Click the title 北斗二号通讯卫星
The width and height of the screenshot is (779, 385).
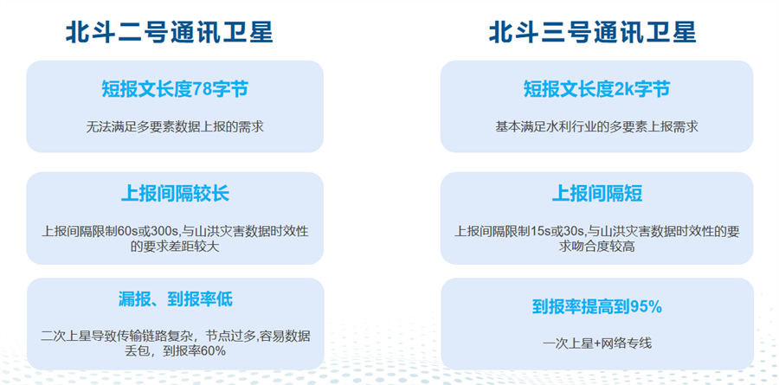point(170,33)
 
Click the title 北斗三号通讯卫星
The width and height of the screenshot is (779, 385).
point(593,33)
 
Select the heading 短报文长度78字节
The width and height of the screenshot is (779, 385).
point(174,89)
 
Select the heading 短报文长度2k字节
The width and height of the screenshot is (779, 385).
point(596,89)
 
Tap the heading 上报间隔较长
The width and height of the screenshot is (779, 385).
point(175,193)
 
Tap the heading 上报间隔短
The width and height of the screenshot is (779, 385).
point(597,193)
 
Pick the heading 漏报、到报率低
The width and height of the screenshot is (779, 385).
point(175,299)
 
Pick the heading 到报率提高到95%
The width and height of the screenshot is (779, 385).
point(596,307)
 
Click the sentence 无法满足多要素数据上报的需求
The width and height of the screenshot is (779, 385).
point(175,127)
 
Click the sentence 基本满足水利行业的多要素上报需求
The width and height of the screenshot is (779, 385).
point(596,126)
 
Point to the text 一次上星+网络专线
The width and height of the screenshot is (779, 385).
point(596,343)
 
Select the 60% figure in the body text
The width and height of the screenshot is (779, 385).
point(214,350)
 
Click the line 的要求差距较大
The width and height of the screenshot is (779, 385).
point(175,247)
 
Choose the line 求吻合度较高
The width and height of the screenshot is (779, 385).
point(596,247)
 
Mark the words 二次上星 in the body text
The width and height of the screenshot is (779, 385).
point(65,337)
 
